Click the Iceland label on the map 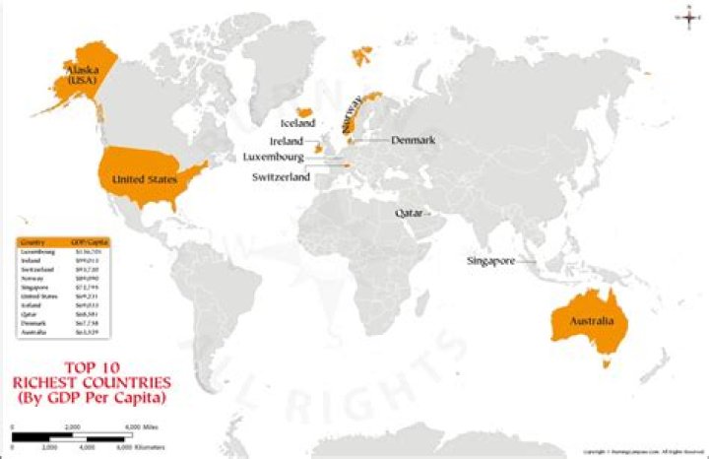(297, 124)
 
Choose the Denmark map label (413, 141)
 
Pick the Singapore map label (489, 261)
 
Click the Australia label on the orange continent (589, 322)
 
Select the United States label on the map (144, 179)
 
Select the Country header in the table (33, 241)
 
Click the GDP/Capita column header (87, 241)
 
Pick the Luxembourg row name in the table (35, 252)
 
